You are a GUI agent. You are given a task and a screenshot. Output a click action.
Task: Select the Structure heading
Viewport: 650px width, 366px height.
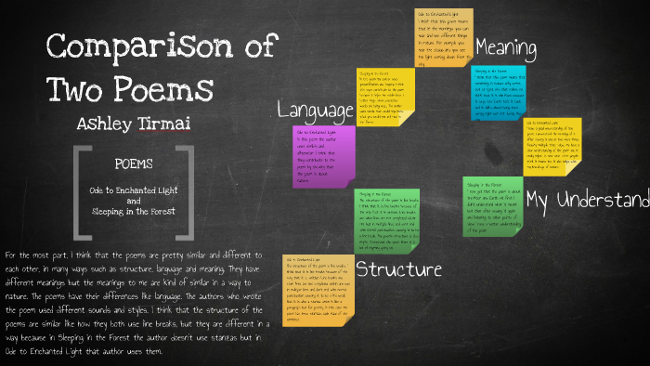pos(398,270)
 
